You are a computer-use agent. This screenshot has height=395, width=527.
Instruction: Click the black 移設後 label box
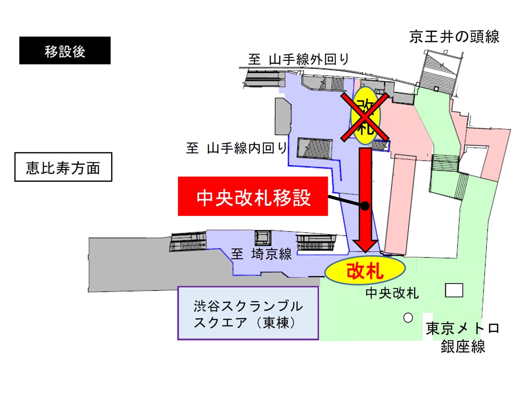tap(65, 50)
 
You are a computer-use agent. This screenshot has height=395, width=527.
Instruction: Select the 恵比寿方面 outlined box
tap(63, 167)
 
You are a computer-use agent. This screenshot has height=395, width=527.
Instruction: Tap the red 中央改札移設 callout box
tap(253, 196)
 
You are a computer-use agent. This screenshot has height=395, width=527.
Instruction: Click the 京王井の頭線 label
tap(454, 37)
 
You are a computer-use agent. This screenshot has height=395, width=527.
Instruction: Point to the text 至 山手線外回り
tap(298, 59)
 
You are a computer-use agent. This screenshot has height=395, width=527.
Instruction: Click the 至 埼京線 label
tap(261, 254)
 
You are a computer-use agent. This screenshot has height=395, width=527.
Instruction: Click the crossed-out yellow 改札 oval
tap(365, 115)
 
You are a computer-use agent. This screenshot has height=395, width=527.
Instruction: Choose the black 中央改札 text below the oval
tap(392, 293)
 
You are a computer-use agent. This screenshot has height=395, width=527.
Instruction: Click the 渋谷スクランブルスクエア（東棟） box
tap(248, 313)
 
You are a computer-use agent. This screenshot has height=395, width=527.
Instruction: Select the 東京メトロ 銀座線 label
tap(462, 338)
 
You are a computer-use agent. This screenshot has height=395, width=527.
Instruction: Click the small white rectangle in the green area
tap(454, 290)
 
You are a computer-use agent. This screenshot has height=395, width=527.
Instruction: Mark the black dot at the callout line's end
tap(365, 205)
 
